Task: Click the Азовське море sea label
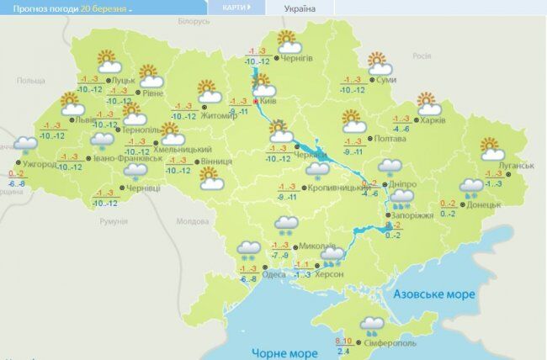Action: [434, 294]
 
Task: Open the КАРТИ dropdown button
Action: [237, 8]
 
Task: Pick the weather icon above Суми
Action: [377, 63]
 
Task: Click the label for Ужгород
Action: [40, 164]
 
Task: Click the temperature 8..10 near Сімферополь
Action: [344, 341]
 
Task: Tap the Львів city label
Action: [85, 120]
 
